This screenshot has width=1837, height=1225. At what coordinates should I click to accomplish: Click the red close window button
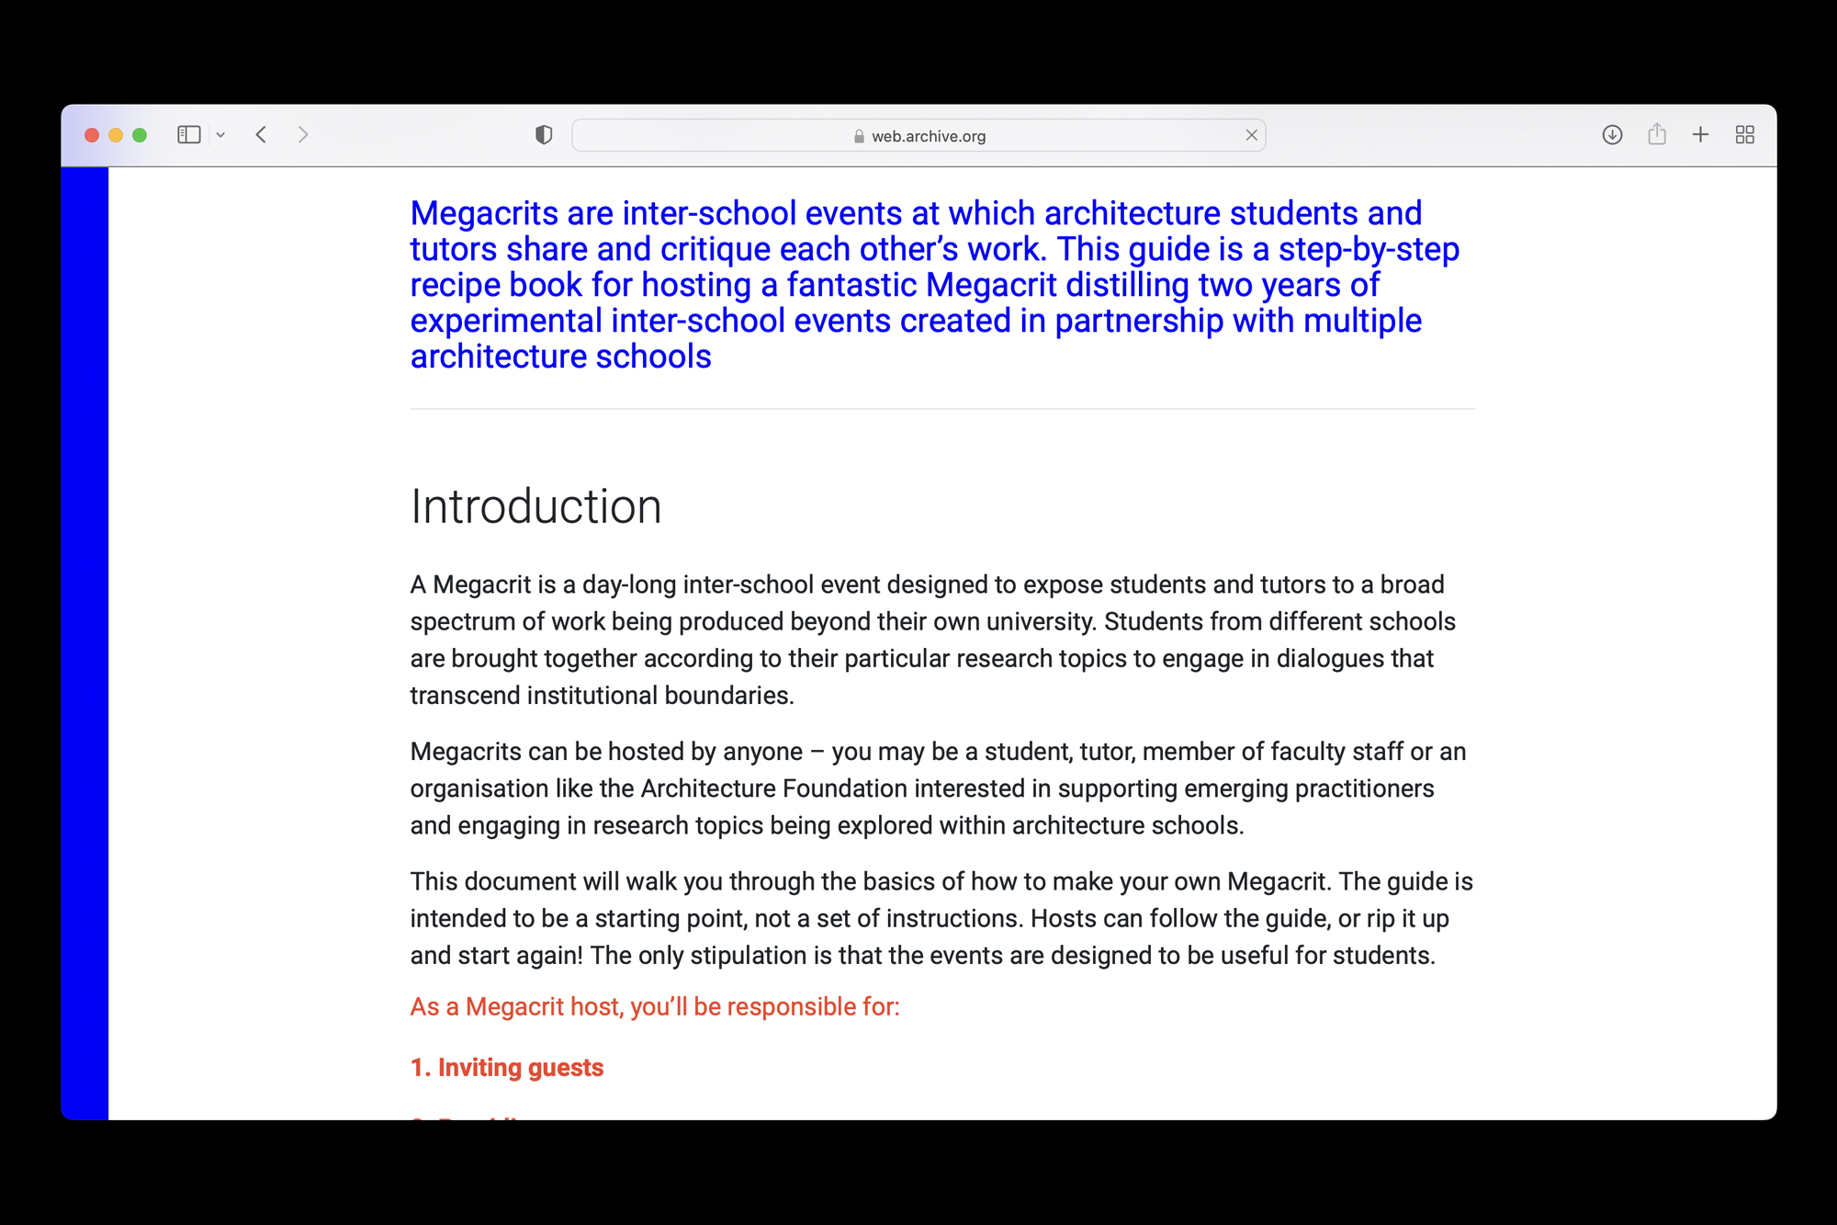coord(92,135)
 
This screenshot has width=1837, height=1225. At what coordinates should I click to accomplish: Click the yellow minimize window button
coord(116,135)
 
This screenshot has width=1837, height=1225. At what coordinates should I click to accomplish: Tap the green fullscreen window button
coord(140,135)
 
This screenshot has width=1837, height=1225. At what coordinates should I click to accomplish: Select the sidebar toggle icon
coord(189,135)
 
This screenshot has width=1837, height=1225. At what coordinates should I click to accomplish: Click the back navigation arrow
coord(262,135)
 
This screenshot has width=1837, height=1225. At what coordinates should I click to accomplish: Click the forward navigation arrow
coord(303,135)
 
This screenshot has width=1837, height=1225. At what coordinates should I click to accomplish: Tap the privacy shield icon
coord(544,135)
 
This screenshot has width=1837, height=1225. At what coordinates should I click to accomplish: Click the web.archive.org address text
coord(928,136)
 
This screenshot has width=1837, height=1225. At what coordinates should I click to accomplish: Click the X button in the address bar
coord(1251,135)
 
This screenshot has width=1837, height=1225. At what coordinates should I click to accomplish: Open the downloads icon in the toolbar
coord(1612,135)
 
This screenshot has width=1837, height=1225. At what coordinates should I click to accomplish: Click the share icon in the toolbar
coord(1657,135)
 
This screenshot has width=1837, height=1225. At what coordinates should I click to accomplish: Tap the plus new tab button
coord(1700,135)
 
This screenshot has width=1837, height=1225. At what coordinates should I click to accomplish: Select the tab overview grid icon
coord(1745,135)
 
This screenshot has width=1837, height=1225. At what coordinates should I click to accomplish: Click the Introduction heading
coord(535,506)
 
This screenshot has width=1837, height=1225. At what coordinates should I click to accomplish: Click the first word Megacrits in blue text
coord(484,213)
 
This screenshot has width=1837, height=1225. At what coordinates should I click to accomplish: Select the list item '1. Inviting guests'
coord(507,1067)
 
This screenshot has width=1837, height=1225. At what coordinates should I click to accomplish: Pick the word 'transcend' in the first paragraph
coord(465,696)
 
